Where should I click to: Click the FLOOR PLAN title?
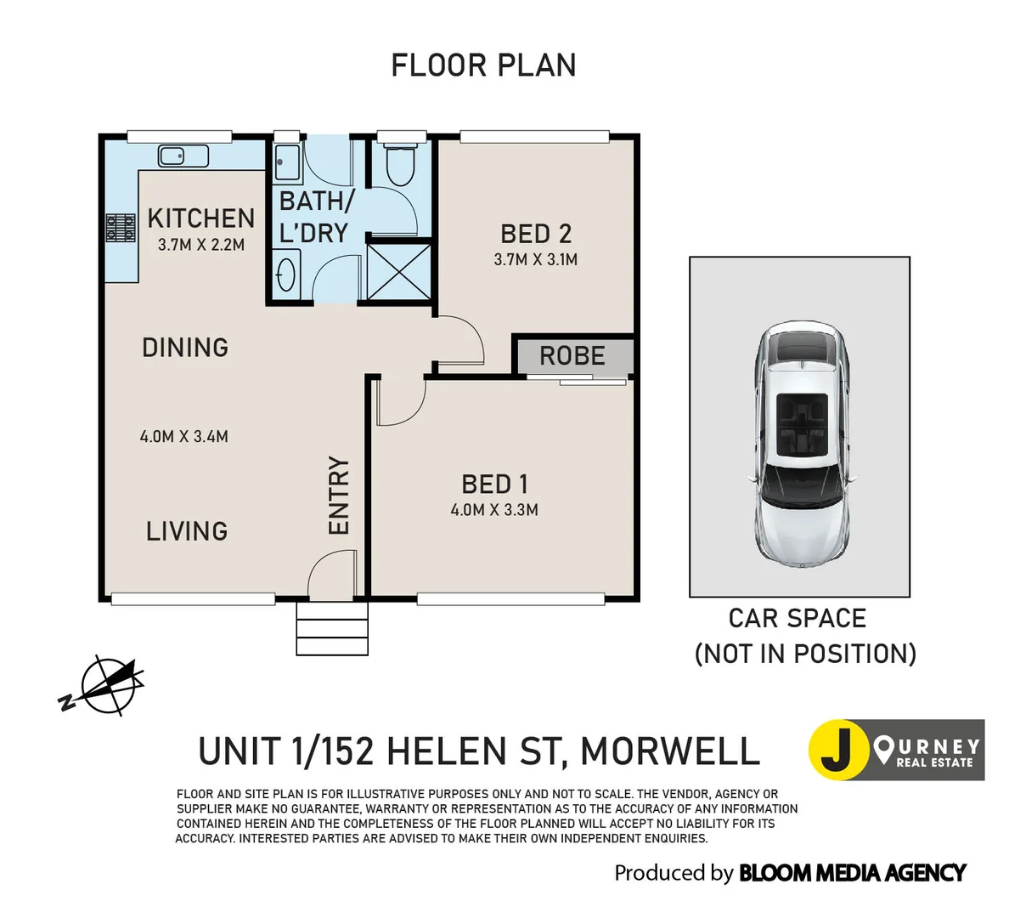483,65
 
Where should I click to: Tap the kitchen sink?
183,156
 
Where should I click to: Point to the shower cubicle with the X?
398,271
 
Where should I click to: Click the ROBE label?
572,355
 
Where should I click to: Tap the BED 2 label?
535,234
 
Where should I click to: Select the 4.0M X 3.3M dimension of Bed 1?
494,510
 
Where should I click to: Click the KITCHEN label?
201,218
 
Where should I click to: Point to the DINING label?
185,348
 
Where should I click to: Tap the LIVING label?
187,531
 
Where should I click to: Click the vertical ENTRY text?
339,496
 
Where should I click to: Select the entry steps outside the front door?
332,629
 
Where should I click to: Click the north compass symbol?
104,685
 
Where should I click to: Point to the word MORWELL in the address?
670,751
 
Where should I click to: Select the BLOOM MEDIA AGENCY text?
852,873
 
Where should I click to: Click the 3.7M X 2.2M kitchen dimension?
201,245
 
